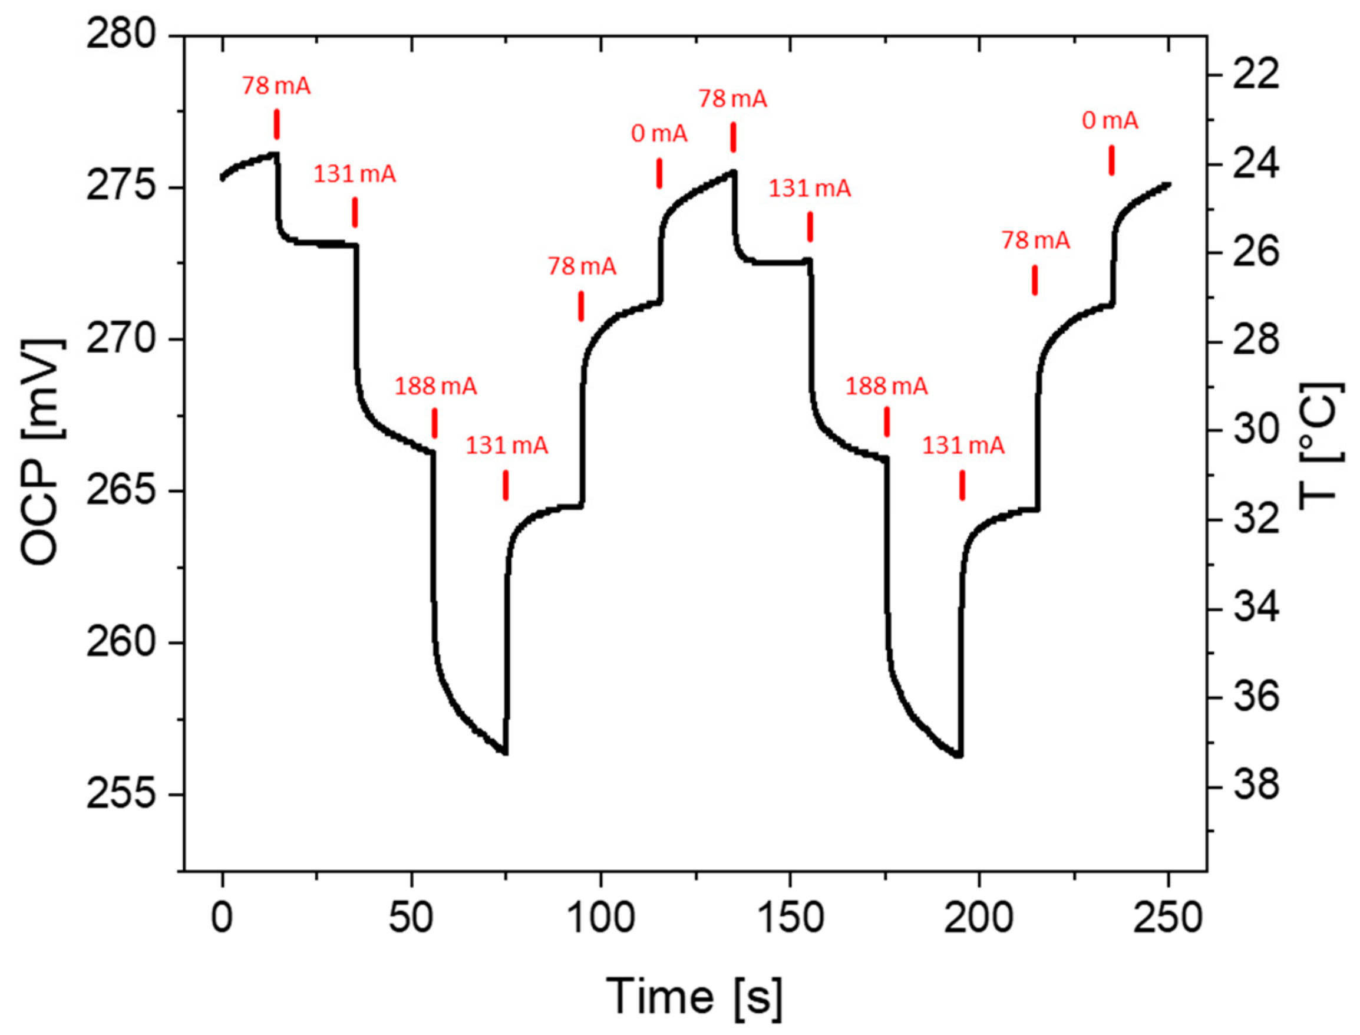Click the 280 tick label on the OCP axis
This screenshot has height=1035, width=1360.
(x=121, y=36)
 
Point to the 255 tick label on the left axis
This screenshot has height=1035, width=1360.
(x=121, y=795)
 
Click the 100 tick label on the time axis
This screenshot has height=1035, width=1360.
(x=600, y=917)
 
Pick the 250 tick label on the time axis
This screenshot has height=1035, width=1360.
(x=1168, y=917)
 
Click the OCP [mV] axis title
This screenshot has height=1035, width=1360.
(x=42, y=452)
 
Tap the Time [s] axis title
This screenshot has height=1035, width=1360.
(x=694, y=996)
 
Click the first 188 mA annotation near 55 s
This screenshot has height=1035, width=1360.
(x=435, y=386)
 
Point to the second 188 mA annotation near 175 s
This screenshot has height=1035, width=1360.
(x=886, y=386)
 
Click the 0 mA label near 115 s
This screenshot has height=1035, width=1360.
(x=659, y=134)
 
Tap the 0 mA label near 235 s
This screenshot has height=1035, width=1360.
(x=1110, y=120)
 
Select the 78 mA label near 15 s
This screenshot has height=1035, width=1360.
(x=276, y=85)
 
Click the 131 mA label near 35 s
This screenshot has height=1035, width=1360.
(x=354, y=174)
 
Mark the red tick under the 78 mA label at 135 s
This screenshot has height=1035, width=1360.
(x=733, y=137)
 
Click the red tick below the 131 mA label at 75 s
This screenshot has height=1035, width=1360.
(x=506, y=485)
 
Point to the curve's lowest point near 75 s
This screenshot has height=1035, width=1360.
(x=504, y=753)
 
